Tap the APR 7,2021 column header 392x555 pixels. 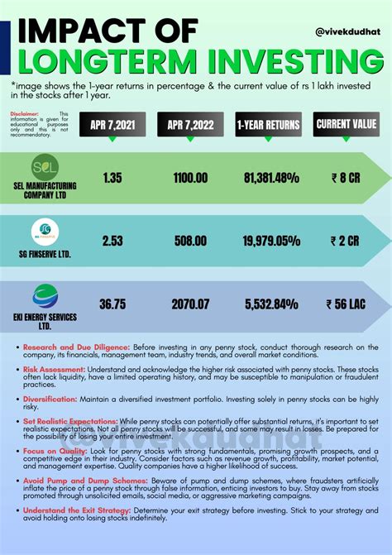click(112, 125)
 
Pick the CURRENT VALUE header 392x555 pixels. click(346, 125)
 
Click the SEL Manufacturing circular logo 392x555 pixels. click(45, 168)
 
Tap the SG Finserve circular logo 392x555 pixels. click(45, 230)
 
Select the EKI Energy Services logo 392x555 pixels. click(45, 296)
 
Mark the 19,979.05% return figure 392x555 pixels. click(271, 241)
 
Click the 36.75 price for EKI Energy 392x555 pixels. click(112, 304)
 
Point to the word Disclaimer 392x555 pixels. click(26, 113)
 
